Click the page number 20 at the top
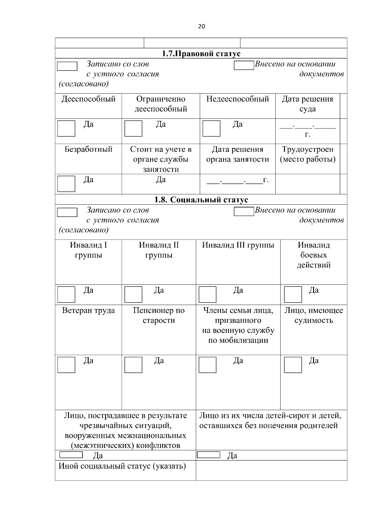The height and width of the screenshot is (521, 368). [201, 26]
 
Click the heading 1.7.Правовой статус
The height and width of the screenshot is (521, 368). [201, 54]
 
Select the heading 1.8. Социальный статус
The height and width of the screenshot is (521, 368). [201, 200]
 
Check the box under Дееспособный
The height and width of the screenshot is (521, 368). [66, 128]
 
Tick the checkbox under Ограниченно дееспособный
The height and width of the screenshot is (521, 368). [133, 128]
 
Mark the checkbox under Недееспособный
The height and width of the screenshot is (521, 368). [211, 128]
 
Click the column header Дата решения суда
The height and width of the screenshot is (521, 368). [308, 104]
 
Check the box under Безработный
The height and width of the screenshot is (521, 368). [66, 183]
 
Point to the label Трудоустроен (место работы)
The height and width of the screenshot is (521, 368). [308, 154]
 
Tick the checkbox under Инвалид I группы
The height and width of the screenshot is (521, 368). [66, 294]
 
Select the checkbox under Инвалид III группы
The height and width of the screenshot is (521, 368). [208, 294]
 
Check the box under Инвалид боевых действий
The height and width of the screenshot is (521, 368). [293, 294]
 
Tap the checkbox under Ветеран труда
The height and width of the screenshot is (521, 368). [66, 365]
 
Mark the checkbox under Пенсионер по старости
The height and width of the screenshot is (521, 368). [133, 365]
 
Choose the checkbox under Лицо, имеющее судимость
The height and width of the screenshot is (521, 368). [293, 365]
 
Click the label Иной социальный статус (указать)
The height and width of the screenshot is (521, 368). [122, 466]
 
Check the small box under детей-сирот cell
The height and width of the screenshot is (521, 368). [209, 455]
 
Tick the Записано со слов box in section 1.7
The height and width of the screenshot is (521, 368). [67, 66]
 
